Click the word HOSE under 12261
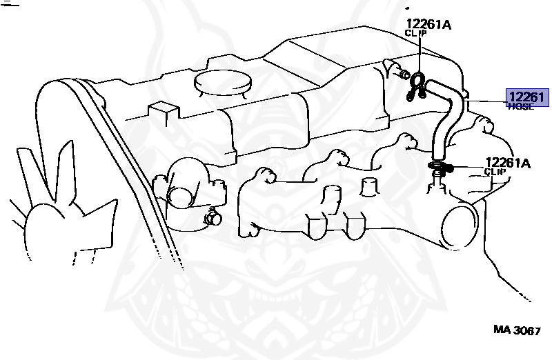520,107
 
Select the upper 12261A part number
428,25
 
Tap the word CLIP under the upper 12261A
415,33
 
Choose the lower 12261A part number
507,163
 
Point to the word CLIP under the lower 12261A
495,172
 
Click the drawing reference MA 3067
516,330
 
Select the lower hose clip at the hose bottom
439,166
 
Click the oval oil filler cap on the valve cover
222,81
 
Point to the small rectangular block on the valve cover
164,111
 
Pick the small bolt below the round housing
212,219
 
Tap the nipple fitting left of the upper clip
394,70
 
